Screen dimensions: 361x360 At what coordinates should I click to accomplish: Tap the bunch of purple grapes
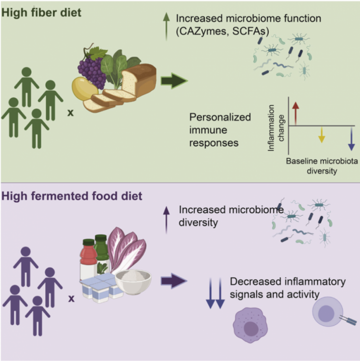(92, 67)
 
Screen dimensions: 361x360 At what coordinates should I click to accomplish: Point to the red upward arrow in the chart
(296, 113)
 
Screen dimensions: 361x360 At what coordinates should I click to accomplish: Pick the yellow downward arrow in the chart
(322, 138)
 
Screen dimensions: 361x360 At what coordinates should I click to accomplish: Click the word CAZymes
(199, 31)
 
